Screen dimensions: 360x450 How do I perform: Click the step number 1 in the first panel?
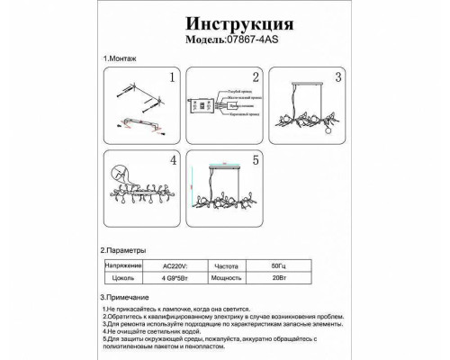coord(168,78)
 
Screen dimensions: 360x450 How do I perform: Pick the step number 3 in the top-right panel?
coord(340,78)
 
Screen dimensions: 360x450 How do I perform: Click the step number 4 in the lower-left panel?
coord(168,163)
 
